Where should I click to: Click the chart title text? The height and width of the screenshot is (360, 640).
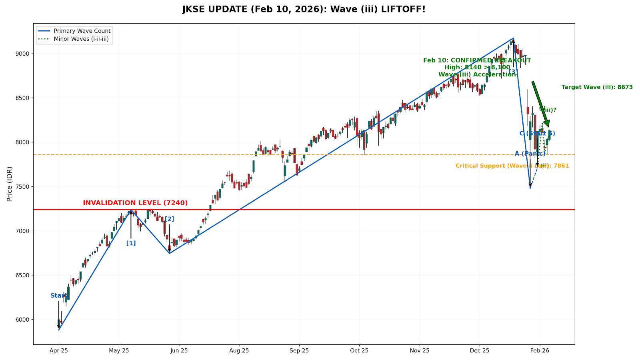pyautogui.click(x=304, y=9)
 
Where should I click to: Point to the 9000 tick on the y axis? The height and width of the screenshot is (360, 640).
pyautogui.click(x=23, y=54)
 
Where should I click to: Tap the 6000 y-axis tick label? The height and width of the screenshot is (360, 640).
pyautogui.click(x=23, y=320)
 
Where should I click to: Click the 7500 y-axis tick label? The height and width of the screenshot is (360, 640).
pyautogui.click(x=23, y=187)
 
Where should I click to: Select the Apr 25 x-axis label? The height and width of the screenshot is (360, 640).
pyautogui.click(x=59, y=351)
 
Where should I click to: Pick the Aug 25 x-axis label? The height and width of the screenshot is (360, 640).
pyautogui.click(x=239, y=351)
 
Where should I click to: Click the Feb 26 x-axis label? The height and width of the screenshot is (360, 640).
pyautogui.click(x=540, y=351)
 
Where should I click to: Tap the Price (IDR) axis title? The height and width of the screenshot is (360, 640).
pyautogui.click(x=10, y=184)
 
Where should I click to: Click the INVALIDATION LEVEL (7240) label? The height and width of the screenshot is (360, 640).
pyautogui.click(x=135, y=203)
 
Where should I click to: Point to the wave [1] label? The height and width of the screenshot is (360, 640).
pyautogui.click(x=131, y=243)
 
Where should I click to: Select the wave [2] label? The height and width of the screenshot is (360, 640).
pyautogui.click(x=170, y=219)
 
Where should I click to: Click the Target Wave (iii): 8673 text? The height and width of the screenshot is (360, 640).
pyautogui.click(x=597, y=87)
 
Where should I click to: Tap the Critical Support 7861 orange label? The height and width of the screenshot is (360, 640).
pyautogui.click(x=512, y=166)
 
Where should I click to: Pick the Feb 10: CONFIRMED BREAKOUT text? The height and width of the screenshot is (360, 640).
pyautogui.click(x=477, y=60)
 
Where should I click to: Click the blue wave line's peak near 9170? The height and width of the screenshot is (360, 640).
pyautogui.click(x=513, y=38)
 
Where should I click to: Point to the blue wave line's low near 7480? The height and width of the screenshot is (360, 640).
pyautogui.click(x=530, y=188)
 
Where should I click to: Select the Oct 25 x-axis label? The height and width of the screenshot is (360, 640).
pyautogui.click(x=359, y=351)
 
